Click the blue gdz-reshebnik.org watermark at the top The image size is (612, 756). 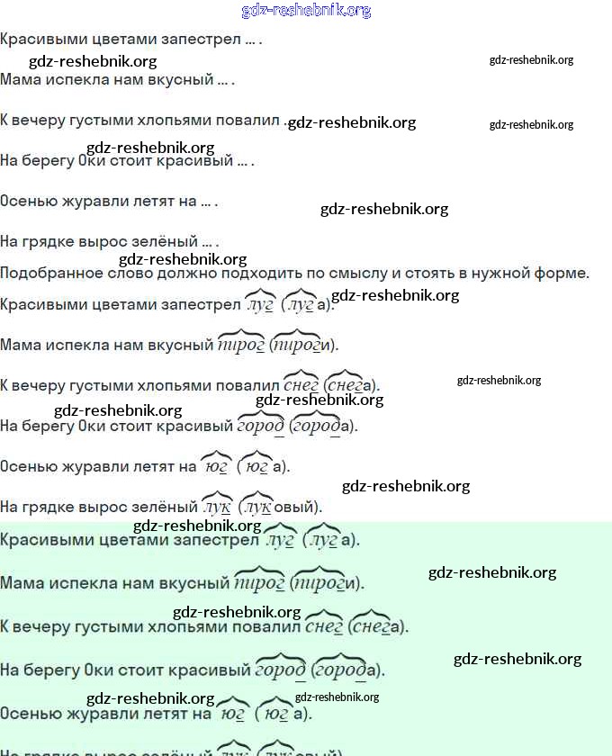click(306, 11)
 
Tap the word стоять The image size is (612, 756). click(426, 273)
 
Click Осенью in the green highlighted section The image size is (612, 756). click(27, 714)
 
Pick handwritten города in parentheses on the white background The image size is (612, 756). click(322, 426)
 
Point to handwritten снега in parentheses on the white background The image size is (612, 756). click(352, 385)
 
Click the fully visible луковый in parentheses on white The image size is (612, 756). click(283, 507)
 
